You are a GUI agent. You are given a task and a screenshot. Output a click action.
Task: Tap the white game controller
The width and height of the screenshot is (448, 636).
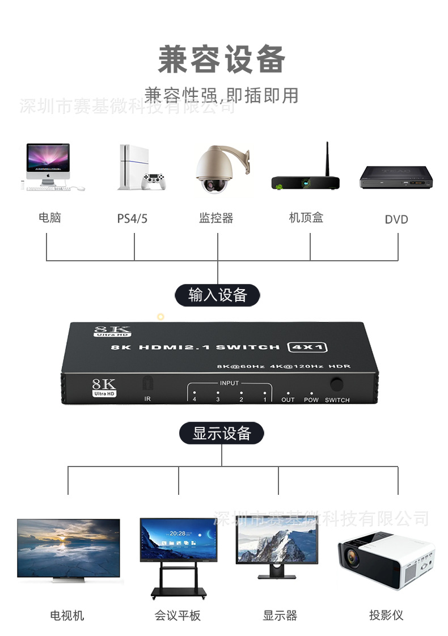153,181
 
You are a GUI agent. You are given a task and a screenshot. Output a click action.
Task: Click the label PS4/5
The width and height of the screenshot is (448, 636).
132,219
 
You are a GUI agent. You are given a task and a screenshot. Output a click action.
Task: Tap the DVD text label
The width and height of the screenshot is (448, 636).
396,219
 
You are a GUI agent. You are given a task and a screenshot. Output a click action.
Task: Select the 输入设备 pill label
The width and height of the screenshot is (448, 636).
217,295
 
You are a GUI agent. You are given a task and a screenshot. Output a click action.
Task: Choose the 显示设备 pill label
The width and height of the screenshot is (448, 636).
222,434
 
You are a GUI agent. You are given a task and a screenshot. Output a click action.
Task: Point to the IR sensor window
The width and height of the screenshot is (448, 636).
147,383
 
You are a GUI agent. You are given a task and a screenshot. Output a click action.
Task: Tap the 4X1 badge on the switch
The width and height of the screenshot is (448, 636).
308,347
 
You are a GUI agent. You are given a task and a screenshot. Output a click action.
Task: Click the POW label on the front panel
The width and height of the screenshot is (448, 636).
311,400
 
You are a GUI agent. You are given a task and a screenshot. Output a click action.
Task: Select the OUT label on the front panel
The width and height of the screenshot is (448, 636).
288,400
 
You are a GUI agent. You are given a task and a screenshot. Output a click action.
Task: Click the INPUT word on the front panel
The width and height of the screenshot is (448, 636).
230,383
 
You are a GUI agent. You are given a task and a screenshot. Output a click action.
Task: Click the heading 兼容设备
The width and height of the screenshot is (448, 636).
221,60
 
